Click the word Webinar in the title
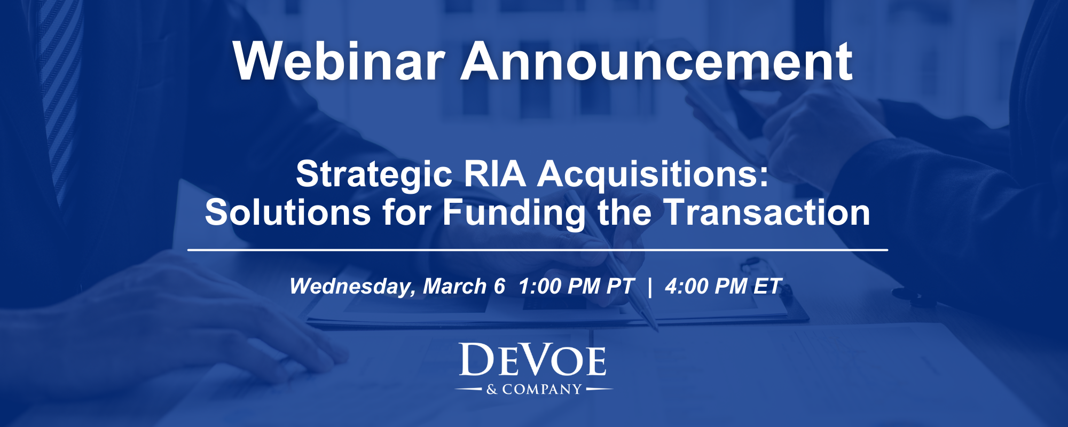[339, 61]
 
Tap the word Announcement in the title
[657, 61]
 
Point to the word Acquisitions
[653, 175]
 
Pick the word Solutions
[288, 212]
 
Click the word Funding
[514, 212]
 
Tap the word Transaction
[767, 212]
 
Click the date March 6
[464, 287]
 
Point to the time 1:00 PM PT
[576, 287]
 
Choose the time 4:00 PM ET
[723, 287]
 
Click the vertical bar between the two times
[649, 287]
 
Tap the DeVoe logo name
[533, 361]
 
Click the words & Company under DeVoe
[534, 390]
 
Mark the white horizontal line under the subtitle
[537, 250]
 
